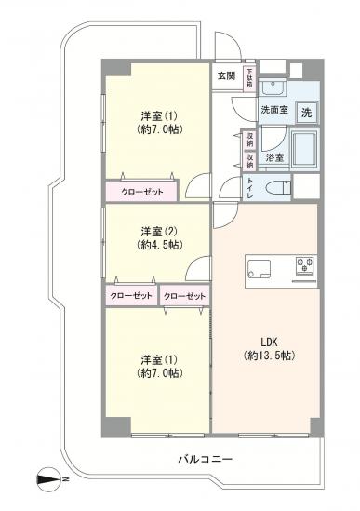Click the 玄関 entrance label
(x=226, y=75)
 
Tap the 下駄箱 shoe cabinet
(x=249, y=77)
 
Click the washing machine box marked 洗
(x=306, y=112)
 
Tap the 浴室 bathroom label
(x=274, y=158)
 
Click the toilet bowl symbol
(x=278, y=188)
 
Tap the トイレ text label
(x=250, y=188)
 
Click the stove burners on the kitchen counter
(x=303, y=265)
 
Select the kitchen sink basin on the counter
(x=259, y=271)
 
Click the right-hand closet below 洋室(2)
(x=185, y=296)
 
